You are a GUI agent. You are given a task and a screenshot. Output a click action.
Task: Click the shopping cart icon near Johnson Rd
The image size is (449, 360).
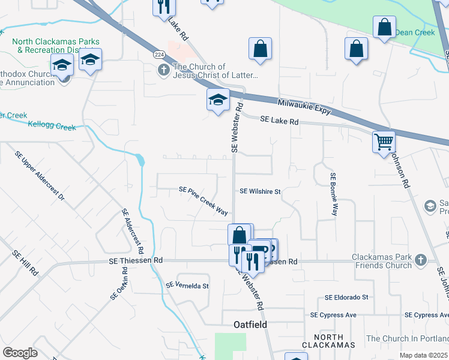(384, 142)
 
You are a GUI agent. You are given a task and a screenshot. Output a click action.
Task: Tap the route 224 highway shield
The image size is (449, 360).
(158, 55)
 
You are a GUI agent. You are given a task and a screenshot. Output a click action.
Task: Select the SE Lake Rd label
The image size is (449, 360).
(279, 121)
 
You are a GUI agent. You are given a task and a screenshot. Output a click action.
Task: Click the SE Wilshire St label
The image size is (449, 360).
(260, 191)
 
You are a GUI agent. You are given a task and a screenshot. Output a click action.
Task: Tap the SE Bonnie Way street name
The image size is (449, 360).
(333, 194)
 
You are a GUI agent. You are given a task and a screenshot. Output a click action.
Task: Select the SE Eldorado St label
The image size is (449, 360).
(346, 298)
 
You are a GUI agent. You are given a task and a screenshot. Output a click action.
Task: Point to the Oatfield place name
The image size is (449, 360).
(250, 325)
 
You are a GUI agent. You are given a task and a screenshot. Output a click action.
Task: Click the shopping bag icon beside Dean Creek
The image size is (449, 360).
(384, 28)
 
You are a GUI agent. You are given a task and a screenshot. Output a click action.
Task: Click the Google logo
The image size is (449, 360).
(20, 352)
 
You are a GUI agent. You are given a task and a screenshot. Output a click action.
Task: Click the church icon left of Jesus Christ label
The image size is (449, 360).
(163, 71)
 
